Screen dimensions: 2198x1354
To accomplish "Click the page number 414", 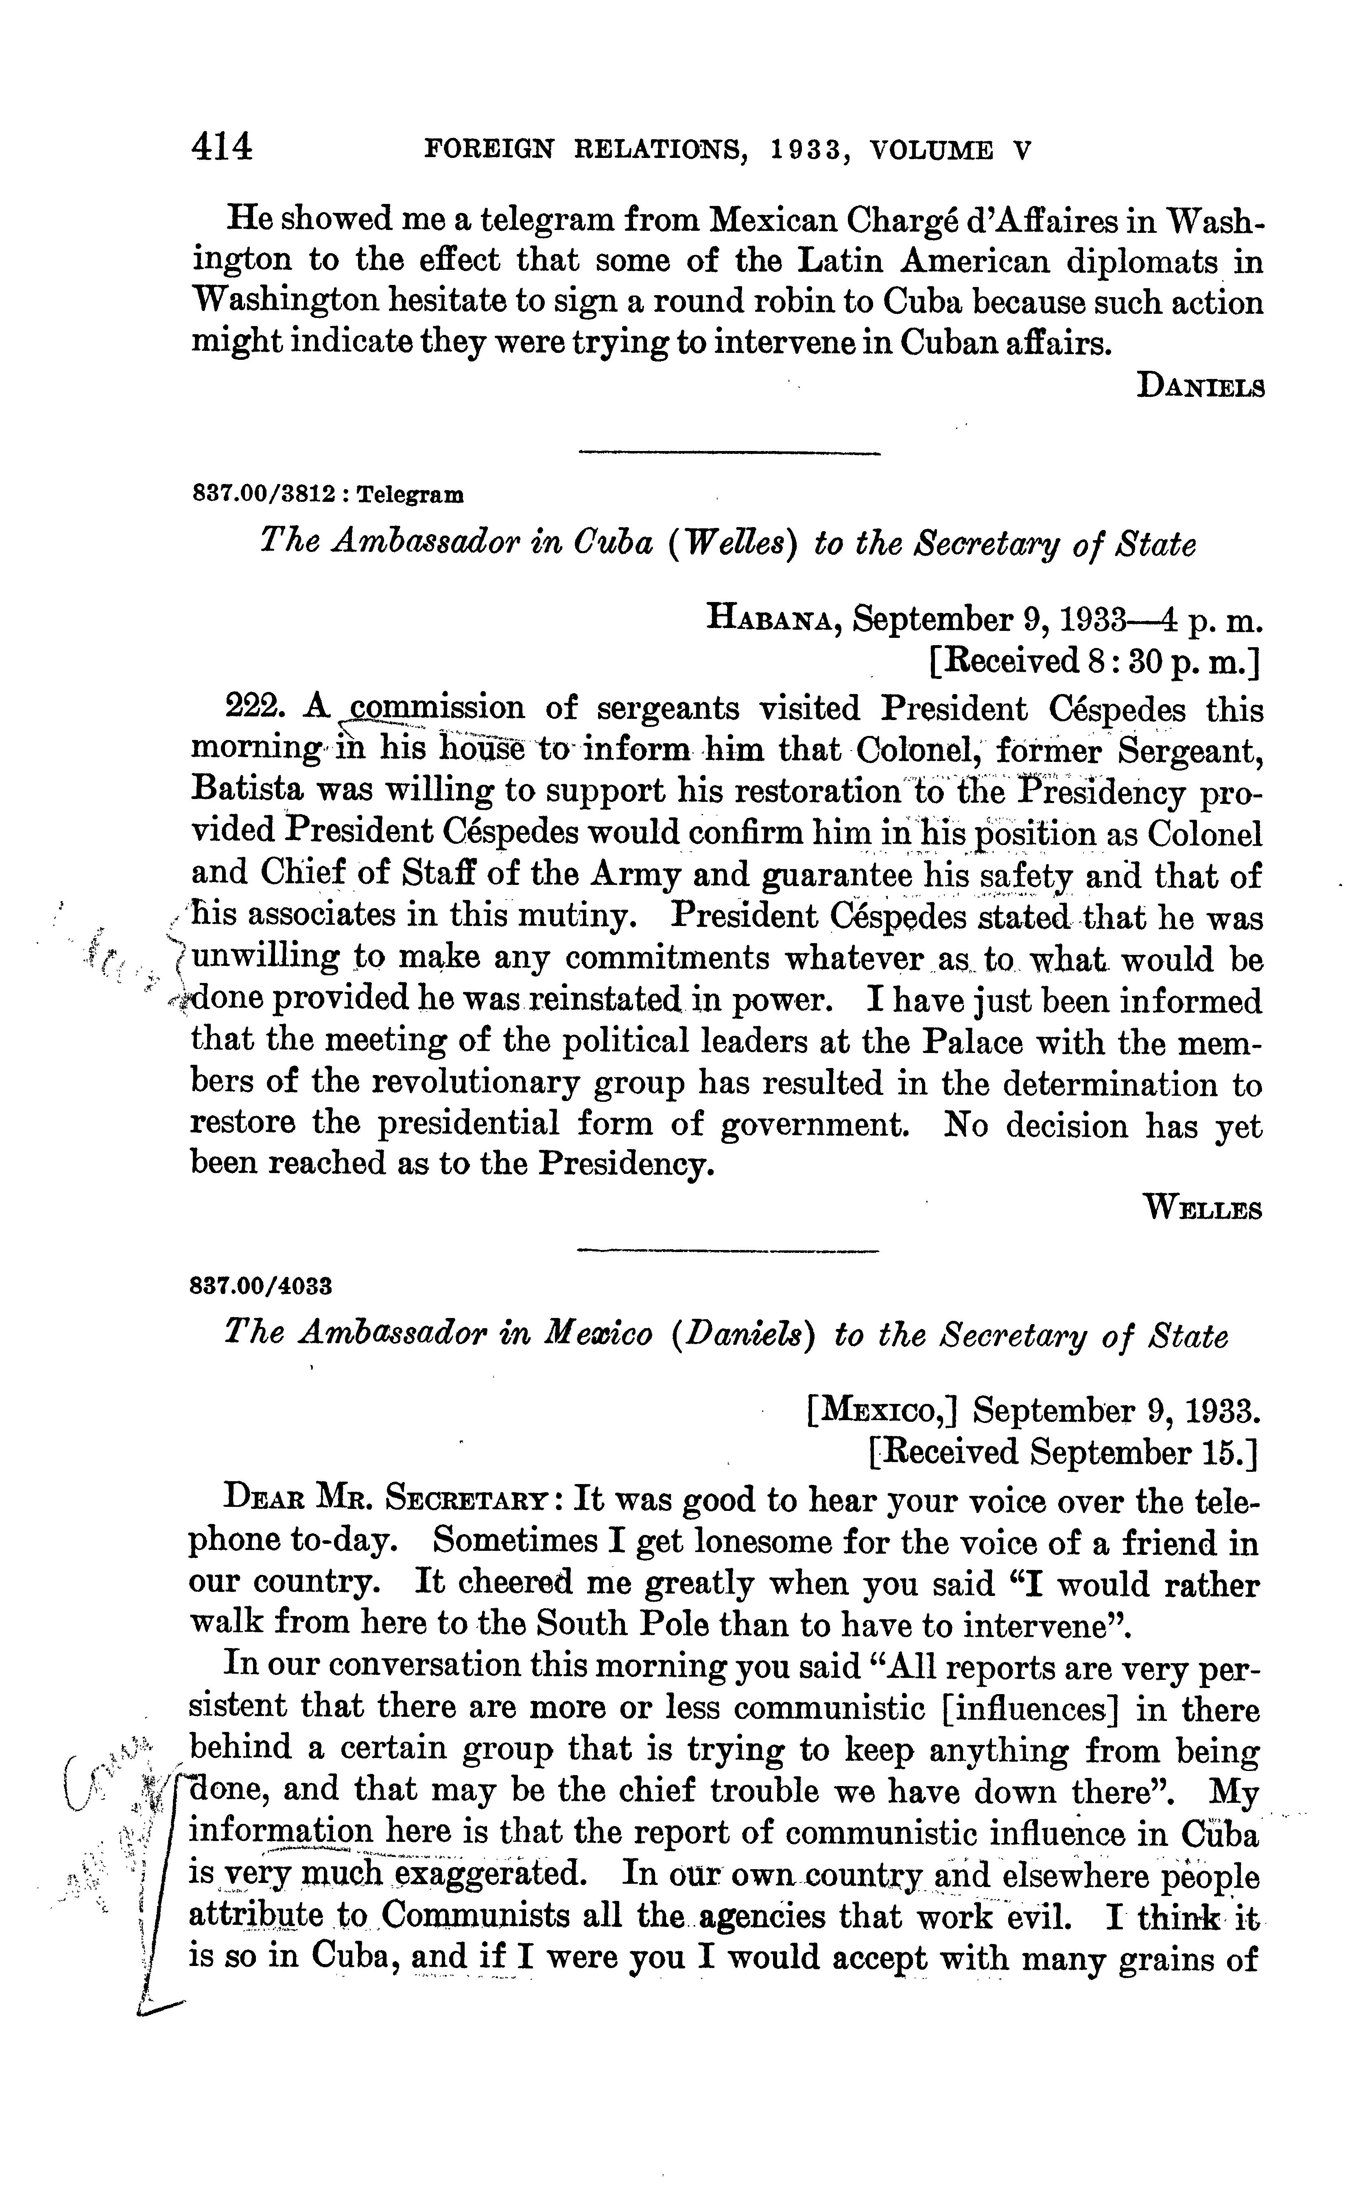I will (x=222, y=146).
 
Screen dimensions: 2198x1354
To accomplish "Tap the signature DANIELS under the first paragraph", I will (x=1200, y=387).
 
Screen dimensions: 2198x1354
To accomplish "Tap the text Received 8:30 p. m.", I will (x=1094, y=661).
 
